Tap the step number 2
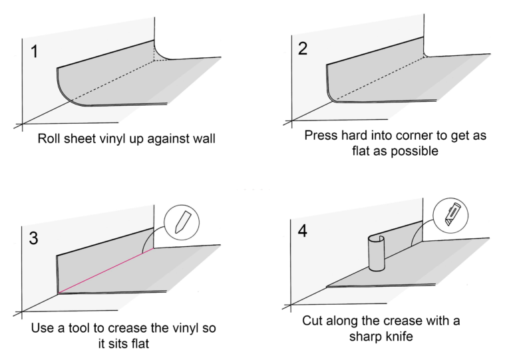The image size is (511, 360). (302, 49)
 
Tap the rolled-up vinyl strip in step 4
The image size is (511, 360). (377, 252)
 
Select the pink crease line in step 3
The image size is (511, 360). (106, 271)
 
